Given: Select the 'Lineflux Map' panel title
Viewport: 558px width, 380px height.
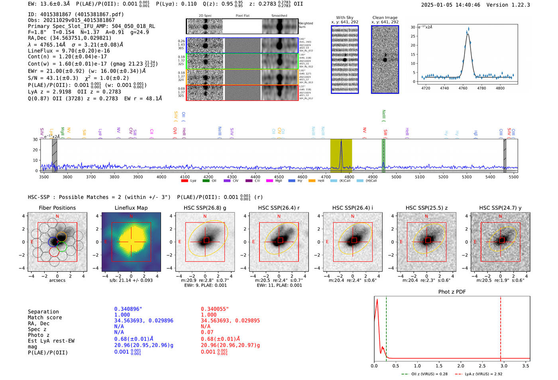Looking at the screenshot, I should point(131,208).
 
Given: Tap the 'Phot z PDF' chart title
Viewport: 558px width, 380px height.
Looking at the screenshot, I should point(452,292).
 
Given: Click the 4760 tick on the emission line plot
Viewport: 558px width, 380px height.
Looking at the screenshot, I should point(463,88).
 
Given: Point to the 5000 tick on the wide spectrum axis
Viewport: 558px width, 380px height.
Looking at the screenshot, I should point(396,177).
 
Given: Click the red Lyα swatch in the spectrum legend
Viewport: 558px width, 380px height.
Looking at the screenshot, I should point(185,181).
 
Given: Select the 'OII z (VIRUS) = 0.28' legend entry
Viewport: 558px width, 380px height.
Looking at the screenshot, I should point(425,374).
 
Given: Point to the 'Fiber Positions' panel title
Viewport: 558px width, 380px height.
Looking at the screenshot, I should point(57,208).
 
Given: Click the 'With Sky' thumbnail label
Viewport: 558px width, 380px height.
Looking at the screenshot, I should point(344,18).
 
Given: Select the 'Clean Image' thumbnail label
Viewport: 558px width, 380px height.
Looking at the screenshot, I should point(385,18).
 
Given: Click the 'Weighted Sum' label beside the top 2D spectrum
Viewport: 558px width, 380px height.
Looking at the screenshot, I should point(305,25).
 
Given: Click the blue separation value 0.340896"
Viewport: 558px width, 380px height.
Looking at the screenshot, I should point(128,309).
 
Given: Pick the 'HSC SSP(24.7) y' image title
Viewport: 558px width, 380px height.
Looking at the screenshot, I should point(500,208).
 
